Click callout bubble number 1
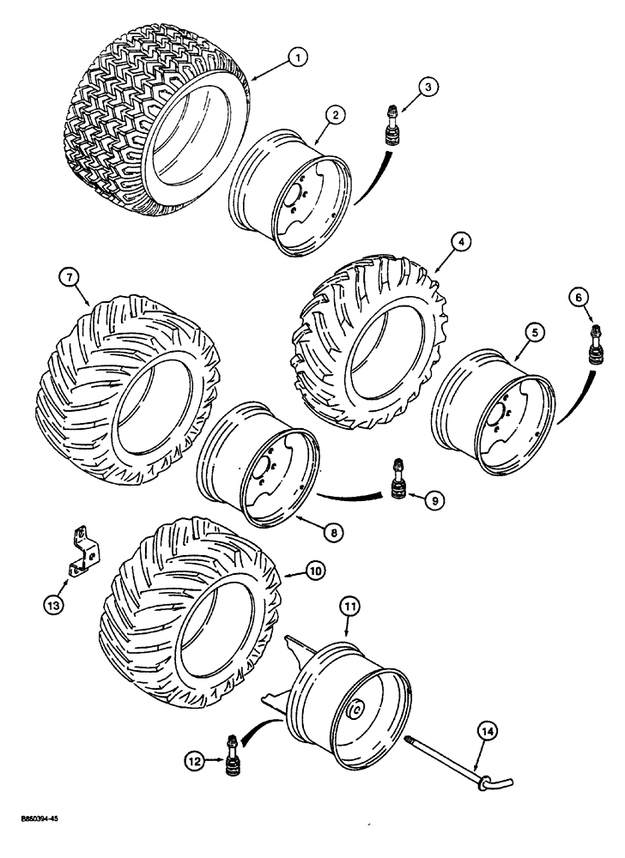point(296,58)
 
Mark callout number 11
point(351,607)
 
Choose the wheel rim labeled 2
point(294,194)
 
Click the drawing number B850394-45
point(34,844)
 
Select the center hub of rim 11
point(355,709)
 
